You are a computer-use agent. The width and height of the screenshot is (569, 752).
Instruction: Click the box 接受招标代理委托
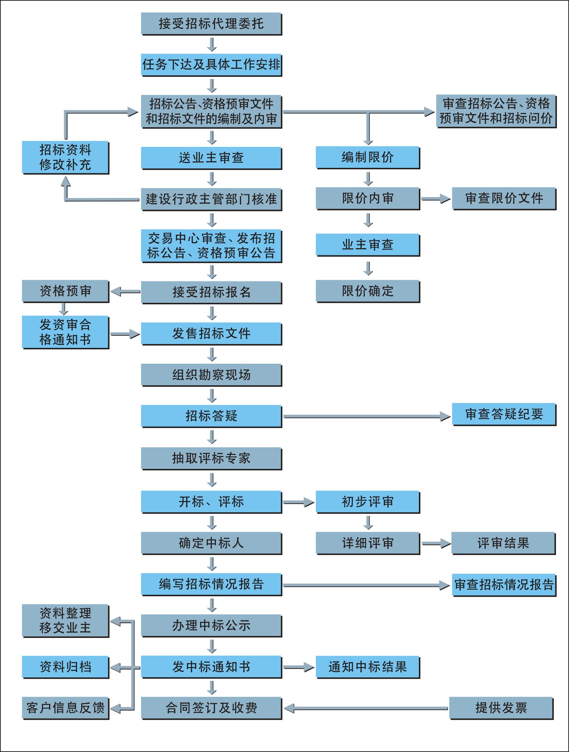pos(211,23)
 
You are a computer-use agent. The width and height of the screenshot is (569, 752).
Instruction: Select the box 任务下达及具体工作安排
pos(211,64)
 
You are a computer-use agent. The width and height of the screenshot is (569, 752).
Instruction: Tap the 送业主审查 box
pos(211,158)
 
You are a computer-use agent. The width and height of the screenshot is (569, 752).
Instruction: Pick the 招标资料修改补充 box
pos(65,157)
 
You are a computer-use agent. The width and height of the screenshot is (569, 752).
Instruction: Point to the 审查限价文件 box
pos(504,198)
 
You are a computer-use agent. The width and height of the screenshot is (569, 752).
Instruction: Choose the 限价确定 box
pos(368,291)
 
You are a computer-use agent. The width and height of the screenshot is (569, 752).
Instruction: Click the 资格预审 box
pos(65,291)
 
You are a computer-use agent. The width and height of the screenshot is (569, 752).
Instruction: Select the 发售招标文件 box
pos(211,333)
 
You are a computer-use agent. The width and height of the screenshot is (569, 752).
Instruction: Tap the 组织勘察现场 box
pos(211,374)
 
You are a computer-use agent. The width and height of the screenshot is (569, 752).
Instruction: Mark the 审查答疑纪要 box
pos(504,414)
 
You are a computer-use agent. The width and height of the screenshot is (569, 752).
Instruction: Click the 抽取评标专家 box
pos(211,458)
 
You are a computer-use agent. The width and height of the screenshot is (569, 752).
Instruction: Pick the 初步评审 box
pos(368,501)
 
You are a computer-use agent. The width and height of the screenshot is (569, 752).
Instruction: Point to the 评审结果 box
pos(503,543)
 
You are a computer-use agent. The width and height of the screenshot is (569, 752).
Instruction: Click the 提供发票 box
pos(501,708)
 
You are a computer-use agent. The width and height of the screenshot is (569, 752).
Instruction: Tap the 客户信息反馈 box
pos(65,708)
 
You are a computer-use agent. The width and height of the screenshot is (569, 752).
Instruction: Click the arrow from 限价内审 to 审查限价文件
pos(436,199)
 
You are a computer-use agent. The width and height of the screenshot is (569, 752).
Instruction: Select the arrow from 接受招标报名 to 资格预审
pos(125,291)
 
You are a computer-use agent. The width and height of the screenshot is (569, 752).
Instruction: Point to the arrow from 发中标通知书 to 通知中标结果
pos(298,667)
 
